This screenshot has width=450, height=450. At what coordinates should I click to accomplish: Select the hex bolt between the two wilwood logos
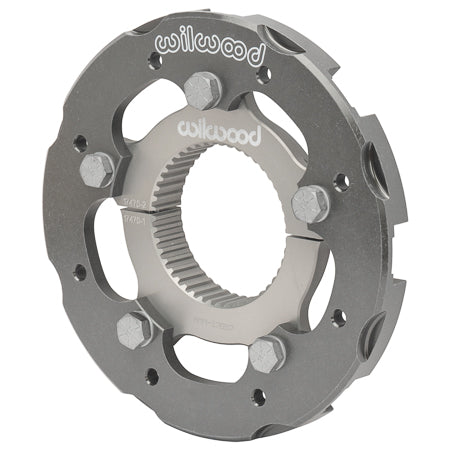(x=202, y=90)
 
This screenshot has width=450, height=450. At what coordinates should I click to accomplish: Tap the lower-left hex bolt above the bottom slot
(x=135, y=328)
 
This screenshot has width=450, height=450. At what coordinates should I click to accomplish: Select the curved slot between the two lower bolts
(x=200, y=356)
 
